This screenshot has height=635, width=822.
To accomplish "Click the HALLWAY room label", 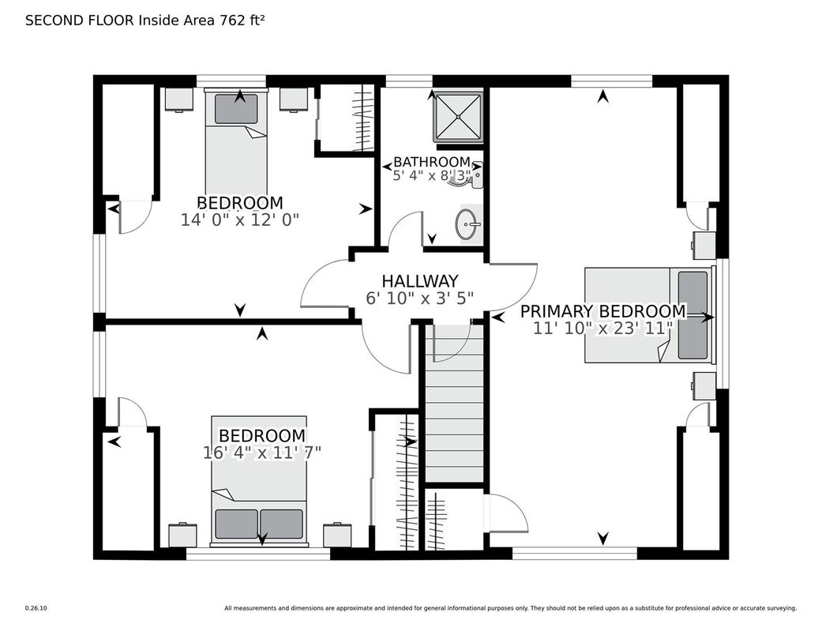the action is click(419, 281).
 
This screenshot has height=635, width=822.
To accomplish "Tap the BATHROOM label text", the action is click(431, 161).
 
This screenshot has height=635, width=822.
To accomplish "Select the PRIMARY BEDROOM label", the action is click(602, 311).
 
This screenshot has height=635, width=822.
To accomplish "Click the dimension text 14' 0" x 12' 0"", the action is click(239, 220).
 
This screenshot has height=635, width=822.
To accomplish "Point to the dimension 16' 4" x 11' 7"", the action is click(261, 453).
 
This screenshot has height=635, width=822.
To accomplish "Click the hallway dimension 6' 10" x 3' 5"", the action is click(419, 298).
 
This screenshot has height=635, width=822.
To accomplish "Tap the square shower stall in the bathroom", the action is click(458, 118).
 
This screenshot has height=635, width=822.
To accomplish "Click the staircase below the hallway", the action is click(454, 404).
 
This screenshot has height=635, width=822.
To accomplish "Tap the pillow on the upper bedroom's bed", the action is click(236, 109).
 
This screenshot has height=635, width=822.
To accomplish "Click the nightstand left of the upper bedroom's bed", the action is click(179, 99).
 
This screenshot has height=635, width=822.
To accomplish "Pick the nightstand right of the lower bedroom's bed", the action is click(337, 535).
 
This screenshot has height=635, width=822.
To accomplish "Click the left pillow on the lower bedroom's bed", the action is click(236, 524).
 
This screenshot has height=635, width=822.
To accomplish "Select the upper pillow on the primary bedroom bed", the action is click(693, 293).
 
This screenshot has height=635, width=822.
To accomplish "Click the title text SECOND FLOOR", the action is click(81, 21).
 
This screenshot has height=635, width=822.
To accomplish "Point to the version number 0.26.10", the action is click(36, 608).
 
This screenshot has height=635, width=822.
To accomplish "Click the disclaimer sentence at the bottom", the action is click(511, 608).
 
